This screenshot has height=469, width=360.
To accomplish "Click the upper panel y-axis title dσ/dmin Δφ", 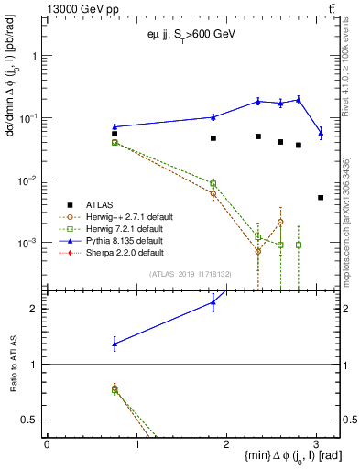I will click(x=12, y=86).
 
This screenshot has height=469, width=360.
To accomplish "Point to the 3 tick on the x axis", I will click(x=316, y=442).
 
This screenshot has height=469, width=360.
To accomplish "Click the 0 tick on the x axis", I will click(x=47, y=442).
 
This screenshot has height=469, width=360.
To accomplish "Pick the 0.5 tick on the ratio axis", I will click(x=37, y=420).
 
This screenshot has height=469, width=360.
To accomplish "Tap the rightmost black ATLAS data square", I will click(x=320, y=197).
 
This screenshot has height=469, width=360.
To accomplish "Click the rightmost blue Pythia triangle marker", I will click(x=320, y=133).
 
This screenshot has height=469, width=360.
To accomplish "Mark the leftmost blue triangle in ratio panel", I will click(x=115, y=344).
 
